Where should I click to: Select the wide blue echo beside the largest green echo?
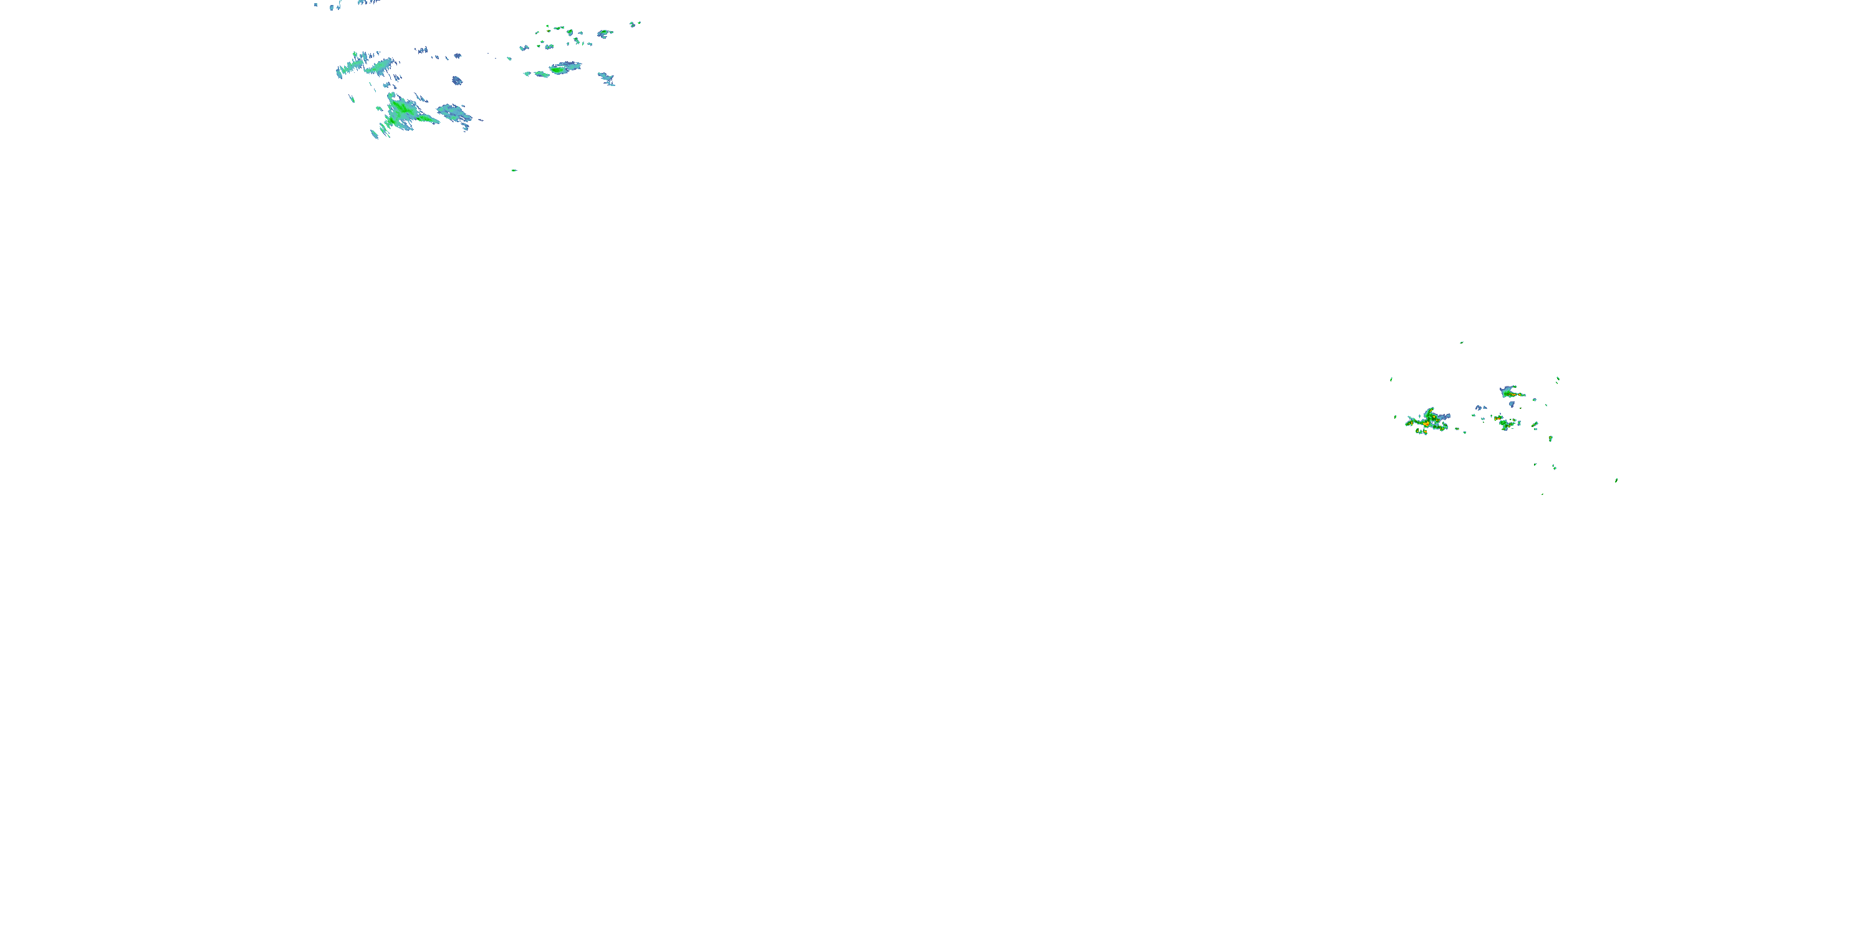tap(454, 113)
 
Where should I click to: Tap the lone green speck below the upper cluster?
tap(514, 171)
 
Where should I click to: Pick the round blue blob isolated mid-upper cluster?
tap(457, 80)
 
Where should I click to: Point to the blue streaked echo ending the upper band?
tap(606, 79)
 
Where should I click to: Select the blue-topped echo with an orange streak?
tap(1510, 392)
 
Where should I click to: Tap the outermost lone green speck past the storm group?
tap(1616, 480)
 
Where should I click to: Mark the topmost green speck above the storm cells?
tap(1461, 342)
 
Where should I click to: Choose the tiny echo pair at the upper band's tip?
tap(635, 24)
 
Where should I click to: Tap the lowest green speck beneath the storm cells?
tap(1542, 494)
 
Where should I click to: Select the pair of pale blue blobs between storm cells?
tap(1479, 408)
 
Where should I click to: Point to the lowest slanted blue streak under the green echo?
tap(375, 134)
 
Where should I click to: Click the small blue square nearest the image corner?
tap(316, 5)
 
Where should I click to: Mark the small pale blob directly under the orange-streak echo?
tap(1512, 405)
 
